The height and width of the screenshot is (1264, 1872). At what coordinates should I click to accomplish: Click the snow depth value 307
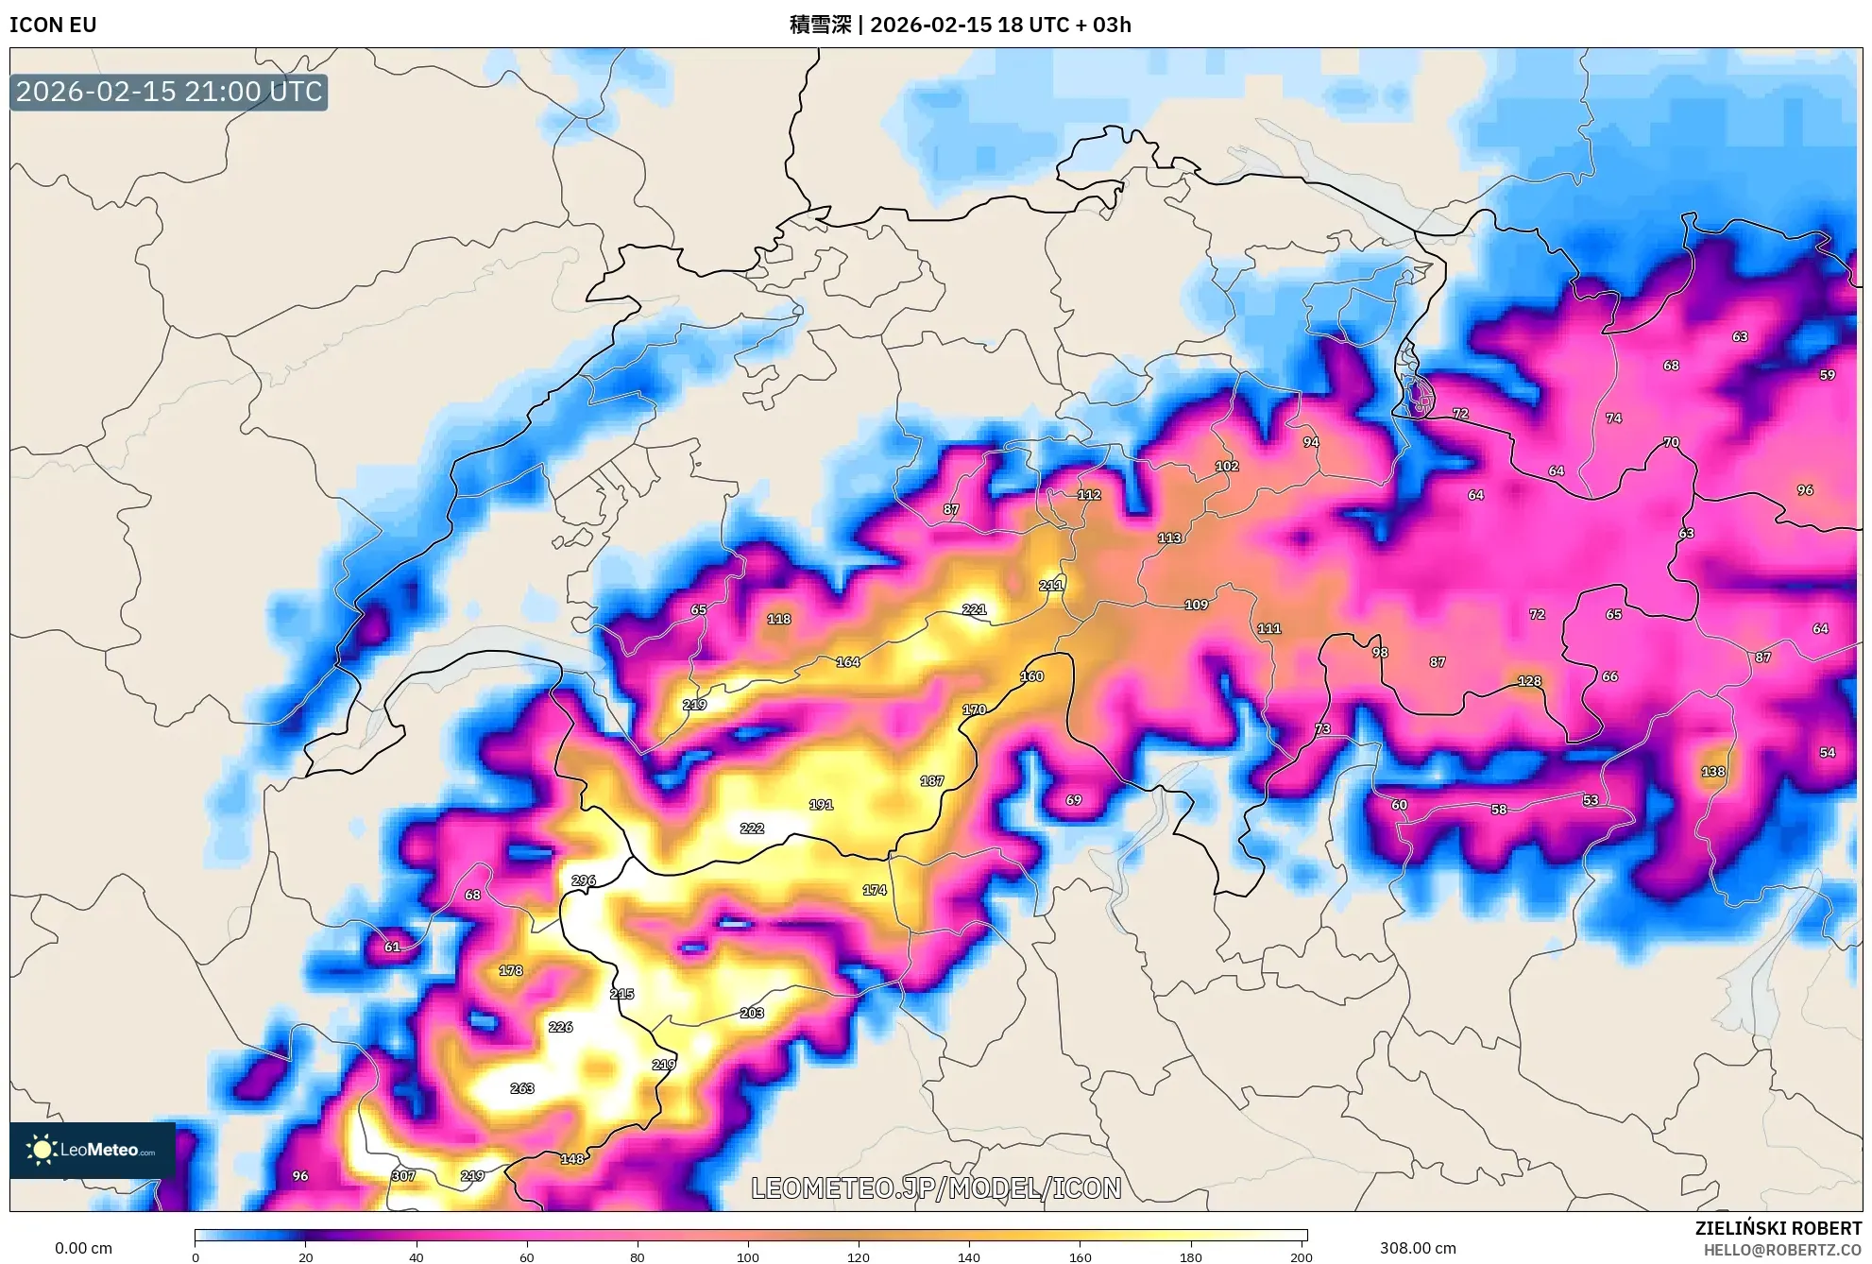coord(403,1176)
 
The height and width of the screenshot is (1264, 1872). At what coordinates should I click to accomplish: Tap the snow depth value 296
coord(584,880)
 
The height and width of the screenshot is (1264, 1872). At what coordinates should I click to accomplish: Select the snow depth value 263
coord(522,1088)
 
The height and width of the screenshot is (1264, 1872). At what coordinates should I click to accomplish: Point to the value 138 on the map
coord(1713,772)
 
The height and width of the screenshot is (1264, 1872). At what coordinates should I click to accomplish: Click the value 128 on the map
coord(1529,681)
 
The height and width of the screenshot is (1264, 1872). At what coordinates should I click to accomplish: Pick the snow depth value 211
coord(1051,586)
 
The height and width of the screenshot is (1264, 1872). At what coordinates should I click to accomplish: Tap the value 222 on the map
coord(752,828)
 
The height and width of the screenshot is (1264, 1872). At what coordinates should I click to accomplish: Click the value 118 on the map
coord(779,620)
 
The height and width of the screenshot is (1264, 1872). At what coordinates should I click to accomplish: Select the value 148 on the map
coord(572,1159)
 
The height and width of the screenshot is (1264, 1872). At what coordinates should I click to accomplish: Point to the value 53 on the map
coord(1591,801)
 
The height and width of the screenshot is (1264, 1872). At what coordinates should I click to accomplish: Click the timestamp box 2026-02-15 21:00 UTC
coord(169,92)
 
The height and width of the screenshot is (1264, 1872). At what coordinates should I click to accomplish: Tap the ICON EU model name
coord(53,25)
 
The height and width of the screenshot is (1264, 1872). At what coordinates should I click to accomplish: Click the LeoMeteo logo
coord(93,1150)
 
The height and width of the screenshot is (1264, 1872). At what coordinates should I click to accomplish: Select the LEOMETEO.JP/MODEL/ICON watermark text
coord(936,1187)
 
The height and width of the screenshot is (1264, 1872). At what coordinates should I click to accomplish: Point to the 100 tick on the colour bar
coord(748,1256)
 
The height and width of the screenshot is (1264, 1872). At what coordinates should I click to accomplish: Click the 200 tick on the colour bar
coord(1301,1256)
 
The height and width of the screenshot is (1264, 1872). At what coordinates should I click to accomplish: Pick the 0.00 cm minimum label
coord(83,1248)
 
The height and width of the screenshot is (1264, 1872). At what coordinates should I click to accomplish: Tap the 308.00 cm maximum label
coord(1418,1248)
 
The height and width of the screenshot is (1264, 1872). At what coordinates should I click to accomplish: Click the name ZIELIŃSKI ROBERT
coord(1778,1228)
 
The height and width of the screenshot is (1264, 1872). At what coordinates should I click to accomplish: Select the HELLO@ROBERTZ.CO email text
coord(1782,1250)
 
